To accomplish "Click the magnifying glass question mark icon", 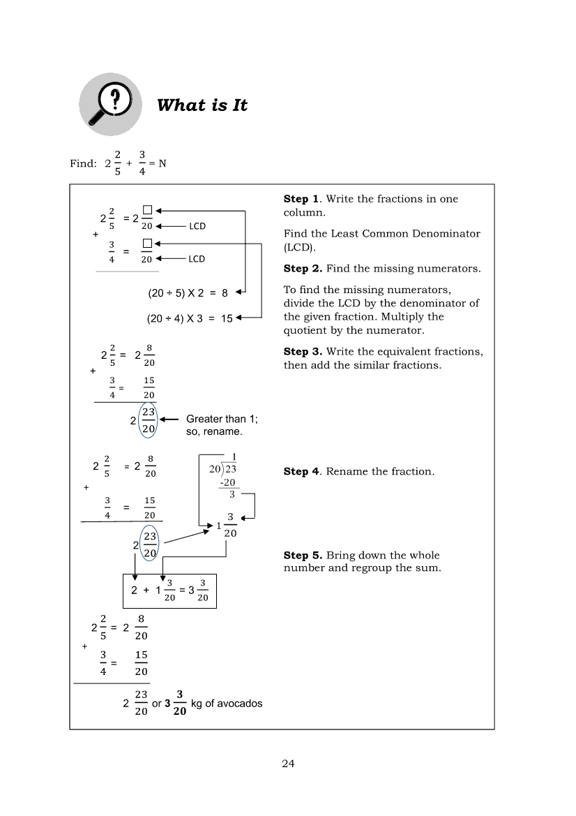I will pos(109,105).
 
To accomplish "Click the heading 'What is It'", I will pos(202,105).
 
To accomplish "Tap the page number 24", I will pos(288,764).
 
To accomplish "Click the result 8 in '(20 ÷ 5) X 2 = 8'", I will pos(225,294).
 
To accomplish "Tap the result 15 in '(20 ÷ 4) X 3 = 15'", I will pos(227,318).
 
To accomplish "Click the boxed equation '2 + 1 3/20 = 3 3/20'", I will pos(169,591).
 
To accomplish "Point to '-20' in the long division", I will pos(227,482).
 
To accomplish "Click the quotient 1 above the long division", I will pos(234,457).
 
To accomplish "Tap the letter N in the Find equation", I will pos(162,163).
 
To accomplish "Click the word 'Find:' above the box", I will pos(83,163).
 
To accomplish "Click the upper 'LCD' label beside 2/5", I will pos(197,226).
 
